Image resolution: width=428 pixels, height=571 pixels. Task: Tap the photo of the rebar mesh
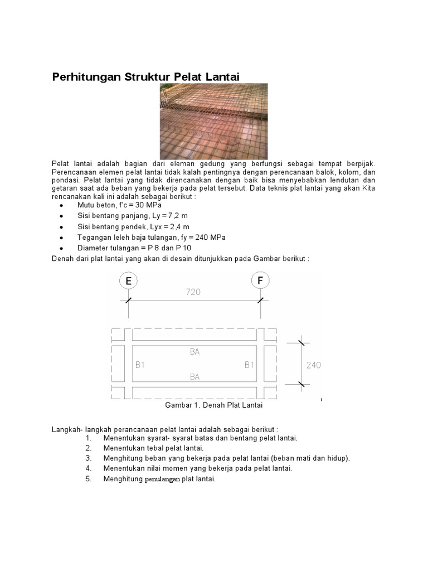[213, 121]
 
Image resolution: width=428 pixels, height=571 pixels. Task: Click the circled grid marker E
[128, 281]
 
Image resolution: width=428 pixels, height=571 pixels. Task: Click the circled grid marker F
[260, 281]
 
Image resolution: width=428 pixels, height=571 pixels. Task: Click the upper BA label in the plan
[194, 352]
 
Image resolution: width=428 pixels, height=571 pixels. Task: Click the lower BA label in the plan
[194, 378]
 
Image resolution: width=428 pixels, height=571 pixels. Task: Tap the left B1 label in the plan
[140, 365]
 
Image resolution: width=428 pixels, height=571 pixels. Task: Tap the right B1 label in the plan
[249, 365]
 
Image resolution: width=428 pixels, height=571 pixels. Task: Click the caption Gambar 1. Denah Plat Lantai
[213, 405]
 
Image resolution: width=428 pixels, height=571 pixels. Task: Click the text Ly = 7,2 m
[166, 216]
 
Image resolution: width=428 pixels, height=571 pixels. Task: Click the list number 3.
[88, 458]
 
